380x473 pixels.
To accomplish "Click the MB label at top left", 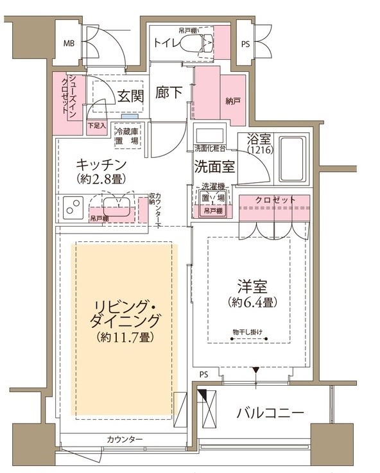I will [68, 44].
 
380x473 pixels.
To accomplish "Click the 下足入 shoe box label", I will [96, 125].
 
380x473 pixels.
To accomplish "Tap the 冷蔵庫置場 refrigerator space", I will [127, 135].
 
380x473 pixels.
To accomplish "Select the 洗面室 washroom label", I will [214, 166].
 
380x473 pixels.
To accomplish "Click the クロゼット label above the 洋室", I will [275, 200].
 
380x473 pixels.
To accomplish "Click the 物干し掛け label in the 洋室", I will [250, 332].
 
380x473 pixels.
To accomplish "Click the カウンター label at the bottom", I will [125, 439].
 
